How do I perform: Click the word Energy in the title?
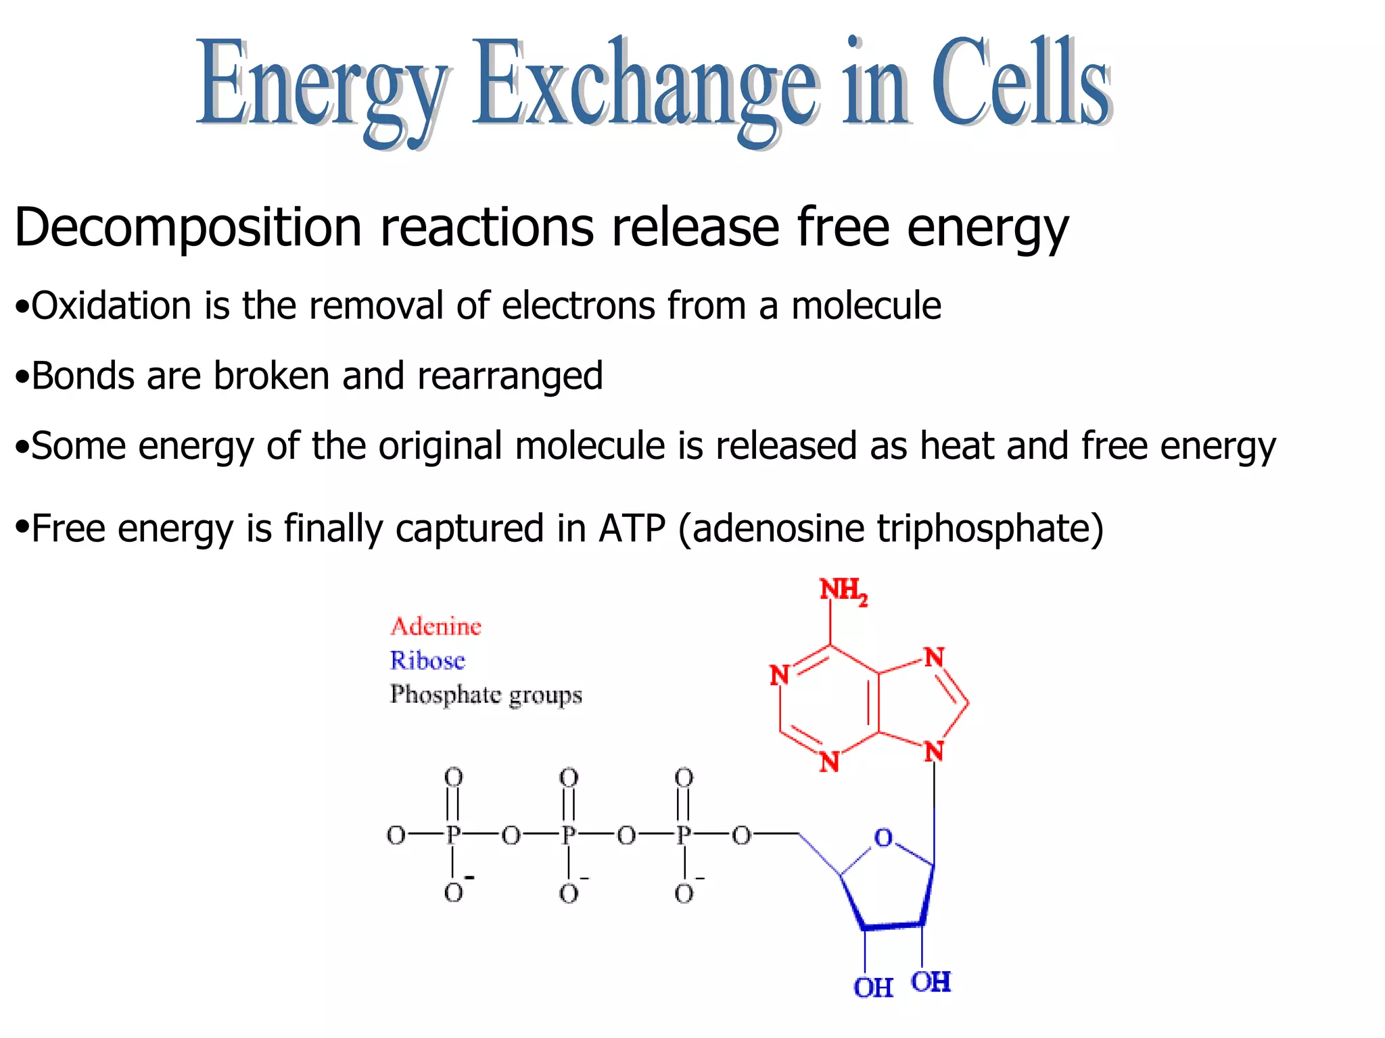(322, 84)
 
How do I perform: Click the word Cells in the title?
(1021, 81)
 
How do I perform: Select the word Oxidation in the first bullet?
(112, 305)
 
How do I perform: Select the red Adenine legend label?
(436, 626)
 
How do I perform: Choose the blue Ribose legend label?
(427, 660)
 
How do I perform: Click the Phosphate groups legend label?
(486, 695)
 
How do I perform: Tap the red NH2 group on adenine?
(843, 591)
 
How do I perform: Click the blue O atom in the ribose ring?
(883, 838)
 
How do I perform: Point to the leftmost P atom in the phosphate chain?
(452, 835)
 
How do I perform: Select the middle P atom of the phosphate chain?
(568, 835)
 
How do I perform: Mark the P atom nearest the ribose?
(684, 835)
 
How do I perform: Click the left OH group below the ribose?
(872, 987)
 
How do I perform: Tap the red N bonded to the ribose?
(934, 751)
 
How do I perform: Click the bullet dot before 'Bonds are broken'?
(22, 377)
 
